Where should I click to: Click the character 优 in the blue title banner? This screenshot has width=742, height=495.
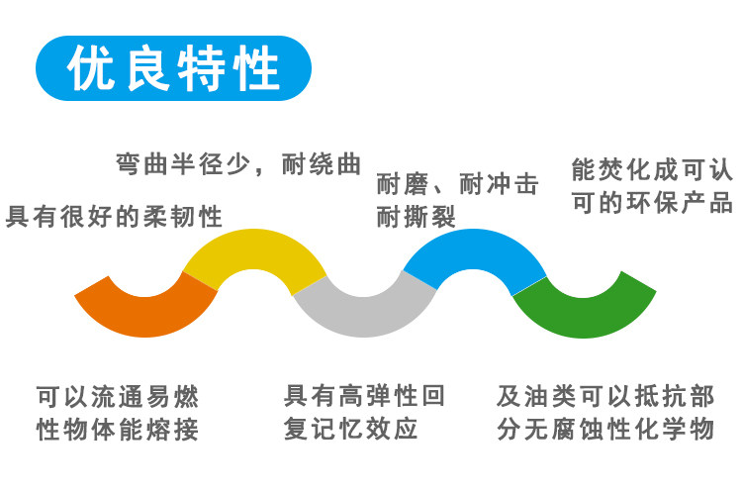coord(91,67)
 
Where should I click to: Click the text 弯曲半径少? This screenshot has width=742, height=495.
coord(183,164)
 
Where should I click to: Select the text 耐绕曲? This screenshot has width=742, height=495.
coord(322,164)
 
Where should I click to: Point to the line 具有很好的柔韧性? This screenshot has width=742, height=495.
coord(114,217)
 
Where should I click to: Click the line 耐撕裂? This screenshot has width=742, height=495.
coord(416,217)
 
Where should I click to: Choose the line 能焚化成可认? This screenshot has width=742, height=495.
coord(652,169)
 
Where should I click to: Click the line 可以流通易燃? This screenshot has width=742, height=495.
coord(118,396)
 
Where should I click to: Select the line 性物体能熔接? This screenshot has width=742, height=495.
coord(118,429)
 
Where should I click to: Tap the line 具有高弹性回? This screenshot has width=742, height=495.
coord(364,396)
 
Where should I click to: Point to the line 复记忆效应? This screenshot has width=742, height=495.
coord(350,429)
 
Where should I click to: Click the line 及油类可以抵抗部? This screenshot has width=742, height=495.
coord(605,396)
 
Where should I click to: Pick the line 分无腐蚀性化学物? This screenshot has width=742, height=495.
coord(605,429)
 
